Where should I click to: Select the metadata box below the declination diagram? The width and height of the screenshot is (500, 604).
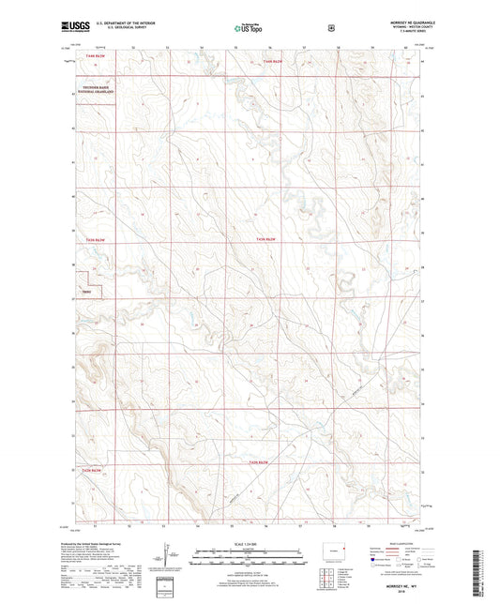coord(167,587)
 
